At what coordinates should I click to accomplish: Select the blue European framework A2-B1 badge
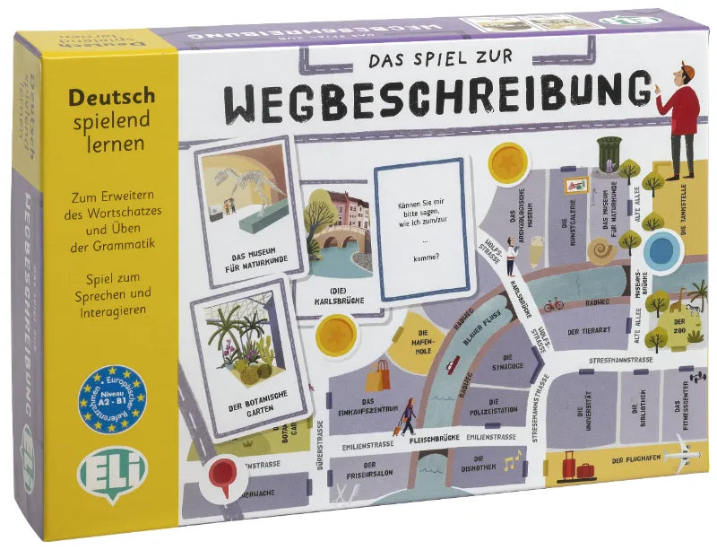pos(112,392)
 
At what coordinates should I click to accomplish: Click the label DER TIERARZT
pos(589,333)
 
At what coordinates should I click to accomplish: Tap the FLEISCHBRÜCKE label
pos(433,438)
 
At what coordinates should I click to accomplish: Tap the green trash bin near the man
pos(609,153)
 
